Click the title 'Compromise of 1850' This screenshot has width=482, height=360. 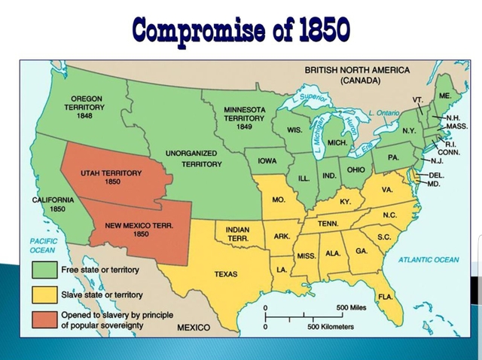click(240, 29)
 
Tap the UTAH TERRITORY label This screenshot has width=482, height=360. click(111, 177)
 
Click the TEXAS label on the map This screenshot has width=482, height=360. click(225, 274)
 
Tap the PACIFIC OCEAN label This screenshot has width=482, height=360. click(43, 245)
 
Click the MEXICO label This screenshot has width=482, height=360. click(194, 328)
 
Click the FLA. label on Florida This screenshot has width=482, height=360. click(385, 297)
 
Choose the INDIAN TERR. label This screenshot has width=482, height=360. click(238, 233)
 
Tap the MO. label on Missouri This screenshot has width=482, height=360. click(279, 200)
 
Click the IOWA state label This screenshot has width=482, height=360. click(267, 161)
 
